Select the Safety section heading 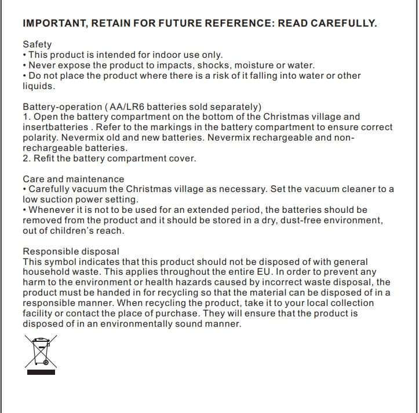37,44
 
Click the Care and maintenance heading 73,179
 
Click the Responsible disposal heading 71,252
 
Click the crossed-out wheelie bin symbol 39,353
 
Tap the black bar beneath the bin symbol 39,373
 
